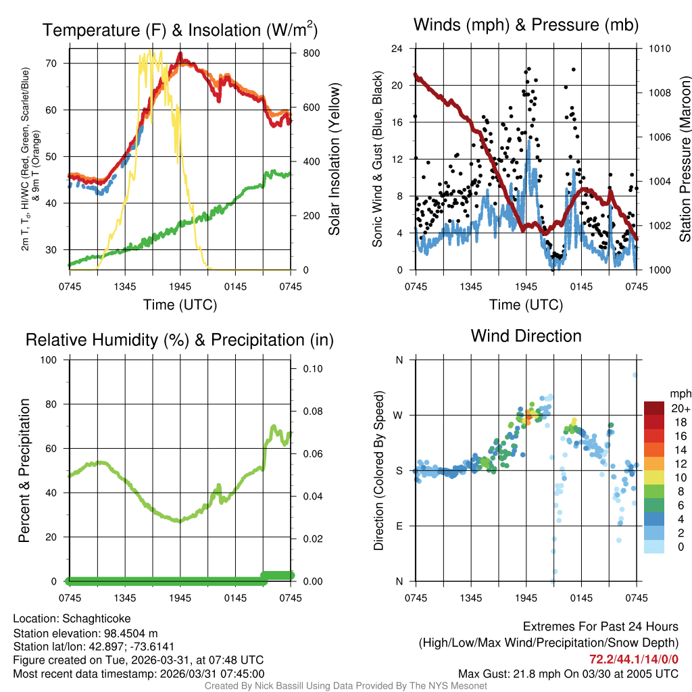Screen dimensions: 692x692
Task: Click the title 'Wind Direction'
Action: pyautogui.click(x=526, y=336)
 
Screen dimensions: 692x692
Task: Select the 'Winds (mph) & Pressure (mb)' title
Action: pyautogui.click(x=526, y=25)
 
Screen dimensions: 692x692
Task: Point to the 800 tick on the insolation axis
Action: pyautogui.click(x=307, y=53)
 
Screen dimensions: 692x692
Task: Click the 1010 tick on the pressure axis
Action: pyautogui.click(x=660, y=49)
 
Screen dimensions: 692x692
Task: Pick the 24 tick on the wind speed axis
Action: pyautogui.click(x=398, y=49)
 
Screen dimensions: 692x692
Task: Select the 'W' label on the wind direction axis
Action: pyautogui.click(x=398, y=415)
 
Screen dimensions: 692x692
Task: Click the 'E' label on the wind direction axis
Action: pyautogui.click(x=399, y=526)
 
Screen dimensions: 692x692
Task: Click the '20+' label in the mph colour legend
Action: pyautogui.click(x=681, y=408)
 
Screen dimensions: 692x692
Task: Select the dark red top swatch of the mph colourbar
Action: pyautogui.click(x=654, y=408)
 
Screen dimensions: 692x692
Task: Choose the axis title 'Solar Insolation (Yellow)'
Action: pyautogui.click(x=334, y=159)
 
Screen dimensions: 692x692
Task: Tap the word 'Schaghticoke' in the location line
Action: pyautogui.click(x=97, y=618)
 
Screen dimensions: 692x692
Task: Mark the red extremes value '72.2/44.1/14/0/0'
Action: pyautogui.click(x=634, y=659)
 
